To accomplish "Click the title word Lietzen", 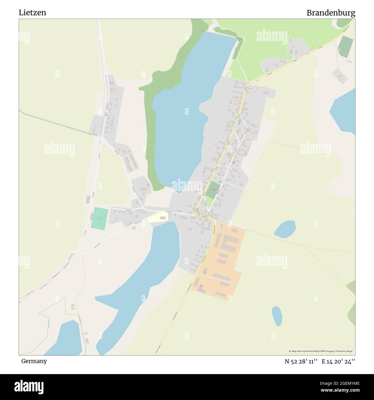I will (32, 13).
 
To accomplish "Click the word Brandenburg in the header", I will (331, 13).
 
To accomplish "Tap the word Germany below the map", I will (34, 361).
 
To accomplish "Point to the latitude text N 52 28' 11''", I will (301, 361).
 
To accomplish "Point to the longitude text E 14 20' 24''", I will (338, 361).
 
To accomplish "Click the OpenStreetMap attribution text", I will (321, 351).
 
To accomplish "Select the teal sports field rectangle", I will (100, 218).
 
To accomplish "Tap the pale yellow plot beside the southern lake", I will (158, 218).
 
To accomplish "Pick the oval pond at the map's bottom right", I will (276, 316).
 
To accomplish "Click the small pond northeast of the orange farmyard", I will (285, 229).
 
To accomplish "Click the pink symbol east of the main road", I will (233, 163).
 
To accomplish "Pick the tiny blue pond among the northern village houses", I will (239, 122).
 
